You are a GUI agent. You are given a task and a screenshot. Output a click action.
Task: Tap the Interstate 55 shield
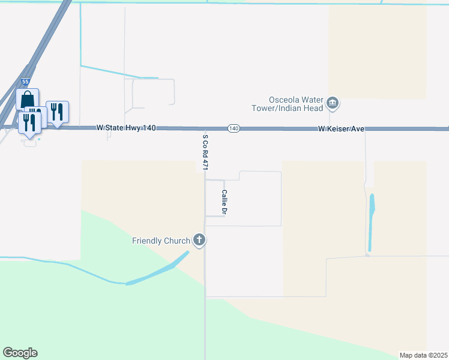pyautogui.click(x=25, y=80)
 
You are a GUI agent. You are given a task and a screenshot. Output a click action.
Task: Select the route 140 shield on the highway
pyautogui.click(x=234, y=128)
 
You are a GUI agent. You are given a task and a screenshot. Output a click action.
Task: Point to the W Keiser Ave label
pyautogui.click(x=341, y=129)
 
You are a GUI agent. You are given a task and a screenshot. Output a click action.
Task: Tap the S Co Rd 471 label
pyautogui.click(x=205, y=152)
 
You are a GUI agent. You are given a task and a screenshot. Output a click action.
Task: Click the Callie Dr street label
pyautogui.click(x=224, y=202)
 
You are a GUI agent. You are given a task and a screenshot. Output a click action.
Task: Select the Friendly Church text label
pyautogui.click(x=161, y=241)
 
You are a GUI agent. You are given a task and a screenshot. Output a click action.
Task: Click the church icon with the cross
pyautogui.click(x=199, y=241)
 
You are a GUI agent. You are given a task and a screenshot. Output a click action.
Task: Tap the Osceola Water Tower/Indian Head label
pyautogui.click(x=296, y=104)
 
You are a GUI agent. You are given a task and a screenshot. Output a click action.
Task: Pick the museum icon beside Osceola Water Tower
pyautogui.click(x=332, y=104)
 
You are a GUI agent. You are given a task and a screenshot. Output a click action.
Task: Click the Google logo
pyautogui.click(x=20, y=353)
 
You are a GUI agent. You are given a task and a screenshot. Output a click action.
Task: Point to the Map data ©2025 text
pyautogui.click(x=423, y=355)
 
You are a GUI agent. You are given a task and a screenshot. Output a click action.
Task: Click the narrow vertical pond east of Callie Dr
pyautogui.click(x=371, y=222)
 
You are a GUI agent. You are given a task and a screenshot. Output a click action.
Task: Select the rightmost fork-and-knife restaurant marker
pyautogui.click(x=57, y=112)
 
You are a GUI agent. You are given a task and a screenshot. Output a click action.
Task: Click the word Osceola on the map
pyautogui.click(x=285, y=100)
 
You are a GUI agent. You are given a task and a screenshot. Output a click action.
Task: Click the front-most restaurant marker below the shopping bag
pyautogui.click(x=29, y=122)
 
